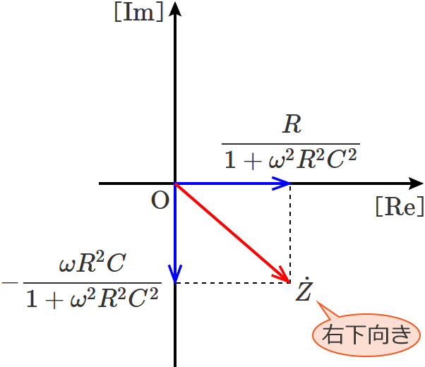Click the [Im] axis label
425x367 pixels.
138,13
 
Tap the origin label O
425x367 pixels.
160,201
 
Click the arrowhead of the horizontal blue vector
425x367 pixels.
283,183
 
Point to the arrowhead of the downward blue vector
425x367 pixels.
175,274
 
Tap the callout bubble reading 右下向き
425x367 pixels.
365,334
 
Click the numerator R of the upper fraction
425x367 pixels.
291,125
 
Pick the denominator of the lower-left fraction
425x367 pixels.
92,299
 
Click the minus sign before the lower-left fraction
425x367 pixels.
11,283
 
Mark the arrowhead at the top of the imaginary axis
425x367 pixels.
175,8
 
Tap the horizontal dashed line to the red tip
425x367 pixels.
233,283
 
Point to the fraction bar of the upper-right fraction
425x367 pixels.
291,143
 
